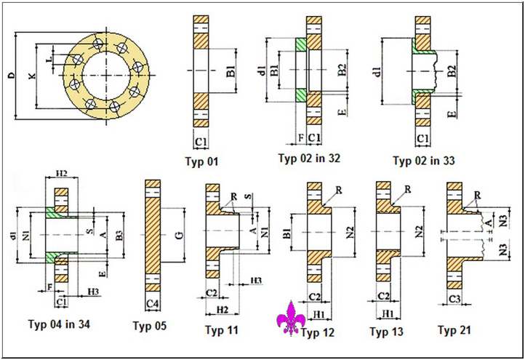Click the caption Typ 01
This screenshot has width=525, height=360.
click(x=201, y=161)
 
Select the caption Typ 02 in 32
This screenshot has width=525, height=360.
click(x=309, y=158)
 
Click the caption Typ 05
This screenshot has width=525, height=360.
click(x=151, y=327)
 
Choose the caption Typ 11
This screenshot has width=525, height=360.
click(x=222, y=330)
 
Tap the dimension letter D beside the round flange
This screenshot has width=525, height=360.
click(x=10, y=75)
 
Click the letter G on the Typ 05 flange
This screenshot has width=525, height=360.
click(x=177, y=235)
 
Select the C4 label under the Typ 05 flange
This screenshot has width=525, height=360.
click(x=153, y=302)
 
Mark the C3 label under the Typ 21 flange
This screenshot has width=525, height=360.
click(x=454, y=299)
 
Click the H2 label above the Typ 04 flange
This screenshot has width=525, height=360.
click(x=61, y=174)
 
